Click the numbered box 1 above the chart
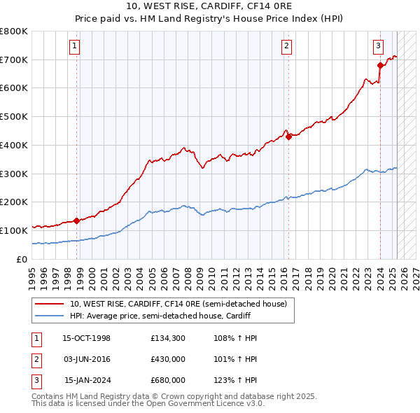point(73,47)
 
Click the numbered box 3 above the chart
point(377,47)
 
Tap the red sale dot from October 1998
point(76,220)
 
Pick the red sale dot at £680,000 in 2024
point(380,65)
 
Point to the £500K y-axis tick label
point(13,116)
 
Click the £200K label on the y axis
point(13,202)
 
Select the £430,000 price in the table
point(167,360)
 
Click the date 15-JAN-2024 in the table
point(87,381)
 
